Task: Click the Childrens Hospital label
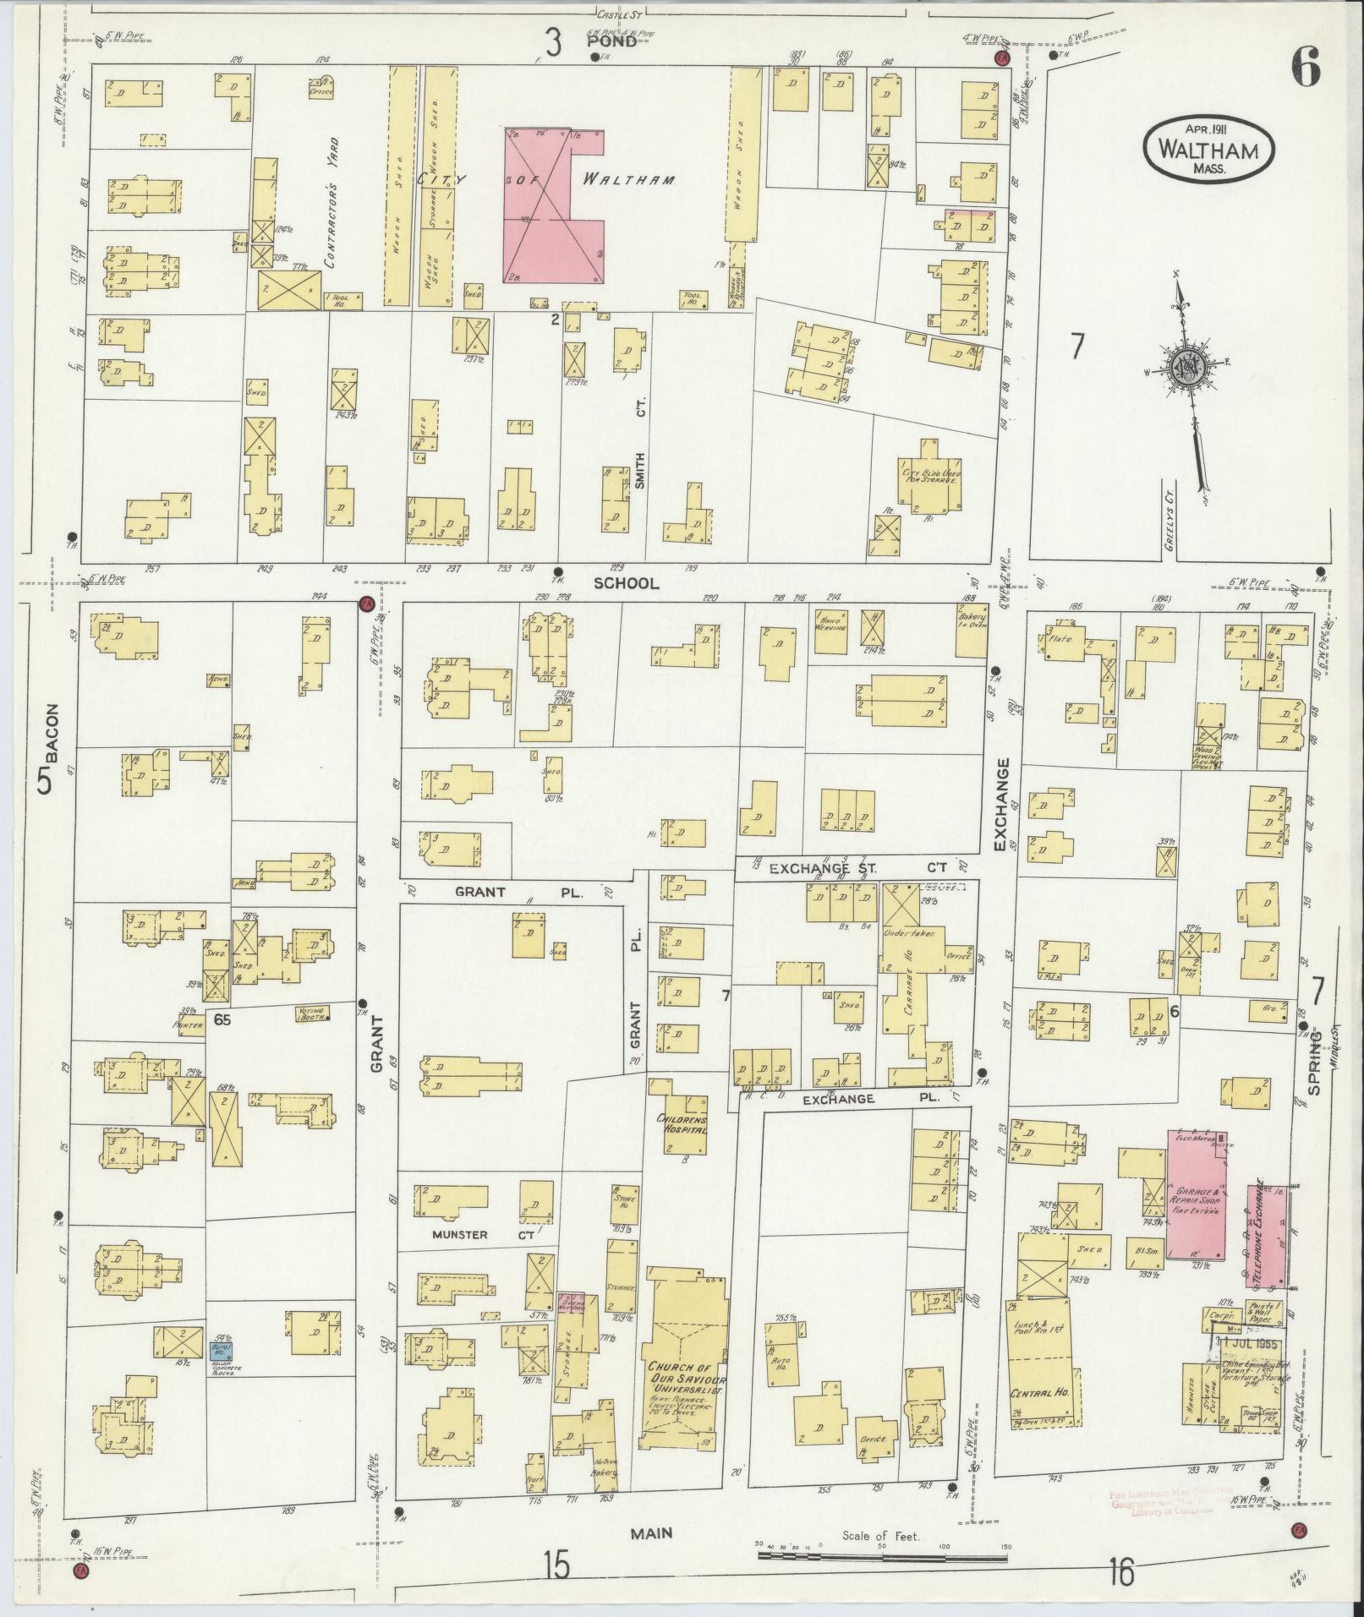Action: tap(681, 1124)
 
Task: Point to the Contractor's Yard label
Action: tap(331, 203)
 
